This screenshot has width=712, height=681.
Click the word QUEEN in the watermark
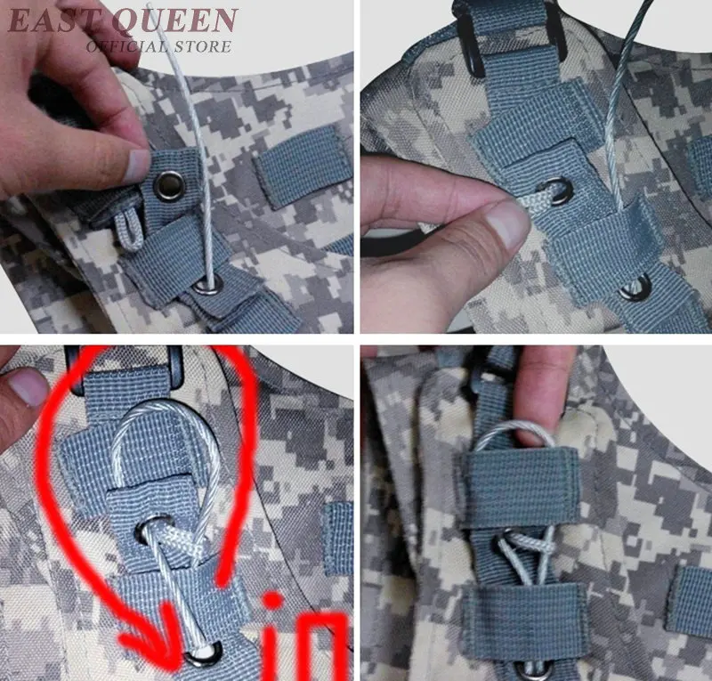174,20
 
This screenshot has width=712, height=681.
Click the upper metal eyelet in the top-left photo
170,185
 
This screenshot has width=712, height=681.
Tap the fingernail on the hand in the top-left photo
137,165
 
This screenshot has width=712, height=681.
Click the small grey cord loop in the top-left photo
130,231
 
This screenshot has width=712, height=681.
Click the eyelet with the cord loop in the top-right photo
554,191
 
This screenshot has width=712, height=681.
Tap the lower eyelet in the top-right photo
635,288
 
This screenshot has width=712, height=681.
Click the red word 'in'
305,634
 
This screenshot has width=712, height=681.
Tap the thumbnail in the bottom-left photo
28,387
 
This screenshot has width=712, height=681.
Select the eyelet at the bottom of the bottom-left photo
204,653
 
